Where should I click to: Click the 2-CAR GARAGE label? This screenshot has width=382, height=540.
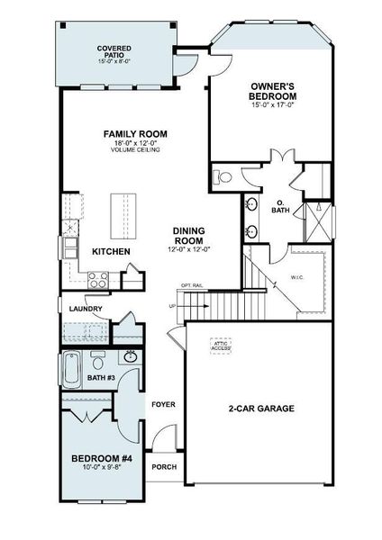tap(261, 408)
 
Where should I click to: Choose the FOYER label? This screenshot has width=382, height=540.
tap(162, 404)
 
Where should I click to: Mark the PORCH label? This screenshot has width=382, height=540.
tap(164, 466)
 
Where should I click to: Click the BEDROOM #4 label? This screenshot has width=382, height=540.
tap(101, 460)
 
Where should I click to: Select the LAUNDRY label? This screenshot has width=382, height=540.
tap(85, 310)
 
